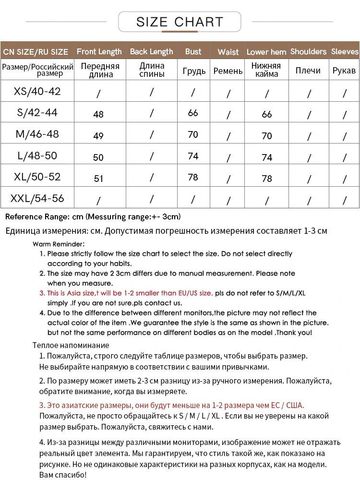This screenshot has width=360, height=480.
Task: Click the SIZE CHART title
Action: pos(180,22)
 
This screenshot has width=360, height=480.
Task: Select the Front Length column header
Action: pos(99,52)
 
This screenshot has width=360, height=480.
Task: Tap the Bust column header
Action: pos(193,52)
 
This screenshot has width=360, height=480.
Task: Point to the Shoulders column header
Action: pos(308,52)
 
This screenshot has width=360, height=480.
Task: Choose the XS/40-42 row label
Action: pos(37,91)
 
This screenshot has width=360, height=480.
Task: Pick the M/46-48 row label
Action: pos(37,134)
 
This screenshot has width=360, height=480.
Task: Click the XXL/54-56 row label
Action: pos(37,198)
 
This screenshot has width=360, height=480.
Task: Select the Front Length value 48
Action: pos(98,114)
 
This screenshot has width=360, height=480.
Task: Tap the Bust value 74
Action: pos(193,156)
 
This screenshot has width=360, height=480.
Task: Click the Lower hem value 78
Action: pos(267,179)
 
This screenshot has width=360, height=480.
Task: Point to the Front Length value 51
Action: pos(98,179)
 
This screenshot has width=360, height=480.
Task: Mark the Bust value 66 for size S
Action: pos(193,113)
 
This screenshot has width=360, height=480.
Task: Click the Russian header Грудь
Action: pos(194,71)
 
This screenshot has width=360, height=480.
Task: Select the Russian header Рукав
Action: pos(344,71)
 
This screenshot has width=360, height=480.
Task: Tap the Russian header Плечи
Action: pos(308,71)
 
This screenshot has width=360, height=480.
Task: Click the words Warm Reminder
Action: pos(59,244)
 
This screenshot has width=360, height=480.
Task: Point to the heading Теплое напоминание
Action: pos(71,345)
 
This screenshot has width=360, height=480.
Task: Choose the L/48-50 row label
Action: pos(37,156)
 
